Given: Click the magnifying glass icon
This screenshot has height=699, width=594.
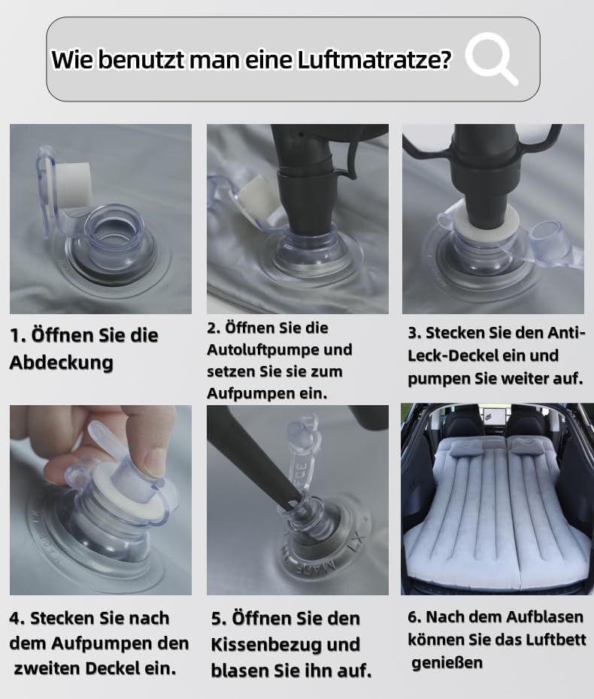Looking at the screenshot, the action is (490, 58).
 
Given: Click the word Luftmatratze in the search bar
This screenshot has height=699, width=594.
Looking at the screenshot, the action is (374, 59).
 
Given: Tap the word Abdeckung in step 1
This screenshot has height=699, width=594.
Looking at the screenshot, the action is (61, 362).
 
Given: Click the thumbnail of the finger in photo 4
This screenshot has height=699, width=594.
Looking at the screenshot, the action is (153, 459).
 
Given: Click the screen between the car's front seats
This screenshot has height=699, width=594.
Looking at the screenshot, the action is (492, 416).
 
